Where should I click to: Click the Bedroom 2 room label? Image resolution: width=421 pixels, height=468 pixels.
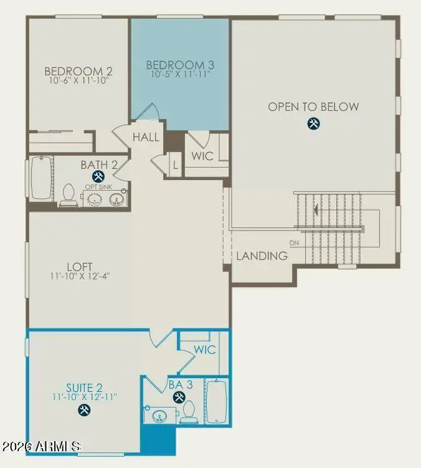(78, 71)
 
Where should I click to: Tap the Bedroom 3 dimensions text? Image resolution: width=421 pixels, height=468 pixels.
(181, 74)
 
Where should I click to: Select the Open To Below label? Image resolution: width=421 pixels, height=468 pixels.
(313, 107)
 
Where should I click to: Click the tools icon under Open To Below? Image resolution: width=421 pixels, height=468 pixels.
(314, 123)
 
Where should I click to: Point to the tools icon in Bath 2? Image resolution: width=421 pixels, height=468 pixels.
(98, 176)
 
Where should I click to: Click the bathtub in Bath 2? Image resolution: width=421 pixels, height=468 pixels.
(42, 178)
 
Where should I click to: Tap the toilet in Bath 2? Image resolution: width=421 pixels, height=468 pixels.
(69, 194)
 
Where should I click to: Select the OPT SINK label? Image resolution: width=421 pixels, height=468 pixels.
(98, 187)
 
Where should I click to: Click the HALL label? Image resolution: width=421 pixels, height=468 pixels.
(146, 137)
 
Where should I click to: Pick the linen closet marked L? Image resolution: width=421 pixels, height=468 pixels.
(176, 165)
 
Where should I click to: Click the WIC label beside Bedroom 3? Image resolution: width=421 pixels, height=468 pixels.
(202, 156)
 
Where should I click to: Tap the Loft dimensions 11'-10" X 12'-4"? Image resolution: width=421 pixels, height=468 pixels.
(80, 276)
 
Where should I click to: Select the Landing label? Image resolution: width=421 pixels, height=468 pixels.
(262, 255)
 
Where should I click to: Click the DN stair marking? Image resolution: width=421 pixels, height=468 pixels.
(294, 243)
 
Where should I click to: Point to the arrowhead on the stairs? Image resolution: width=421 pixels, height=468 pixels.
(316, 209)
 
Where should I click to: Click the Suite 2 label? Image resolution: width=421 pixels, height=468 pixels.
(84, 388)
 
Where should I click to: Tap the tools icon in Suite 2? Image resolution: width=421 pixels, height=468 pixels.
(84, 410)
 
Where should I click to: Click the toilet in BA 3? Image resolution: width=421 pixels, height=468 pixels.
(189, 411)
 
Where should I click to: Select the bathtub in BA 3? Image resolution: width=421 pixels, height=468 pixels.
(217, 401)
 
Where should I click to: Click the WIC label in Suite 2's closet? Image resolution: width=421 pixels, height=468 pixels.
(205, 350)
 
